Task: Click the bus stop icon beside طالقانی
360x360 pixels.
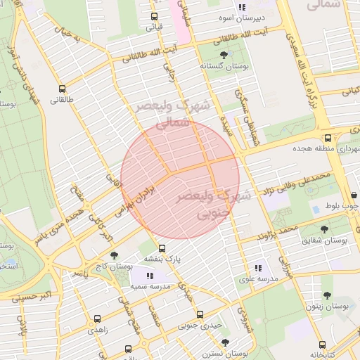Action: (x=63, y=89)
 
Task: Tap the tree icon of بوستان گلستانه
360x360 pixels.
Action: (x=223, y=54)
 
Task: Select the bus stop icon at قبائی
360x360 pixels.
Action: (x=150, y=16)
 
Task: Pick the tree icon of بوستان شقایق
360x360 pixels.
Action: (x=324, y=229)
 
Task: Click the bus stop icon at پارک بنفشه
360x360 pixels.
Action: (x=162, y=248)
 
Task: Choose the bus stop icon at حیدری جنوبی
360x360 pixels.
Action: (x=200, y=314)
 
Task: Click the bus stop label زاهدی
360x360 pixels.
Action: (x=98, y=329)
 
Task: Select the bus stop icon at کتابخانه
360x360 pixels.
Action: (x=322, y=345)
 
